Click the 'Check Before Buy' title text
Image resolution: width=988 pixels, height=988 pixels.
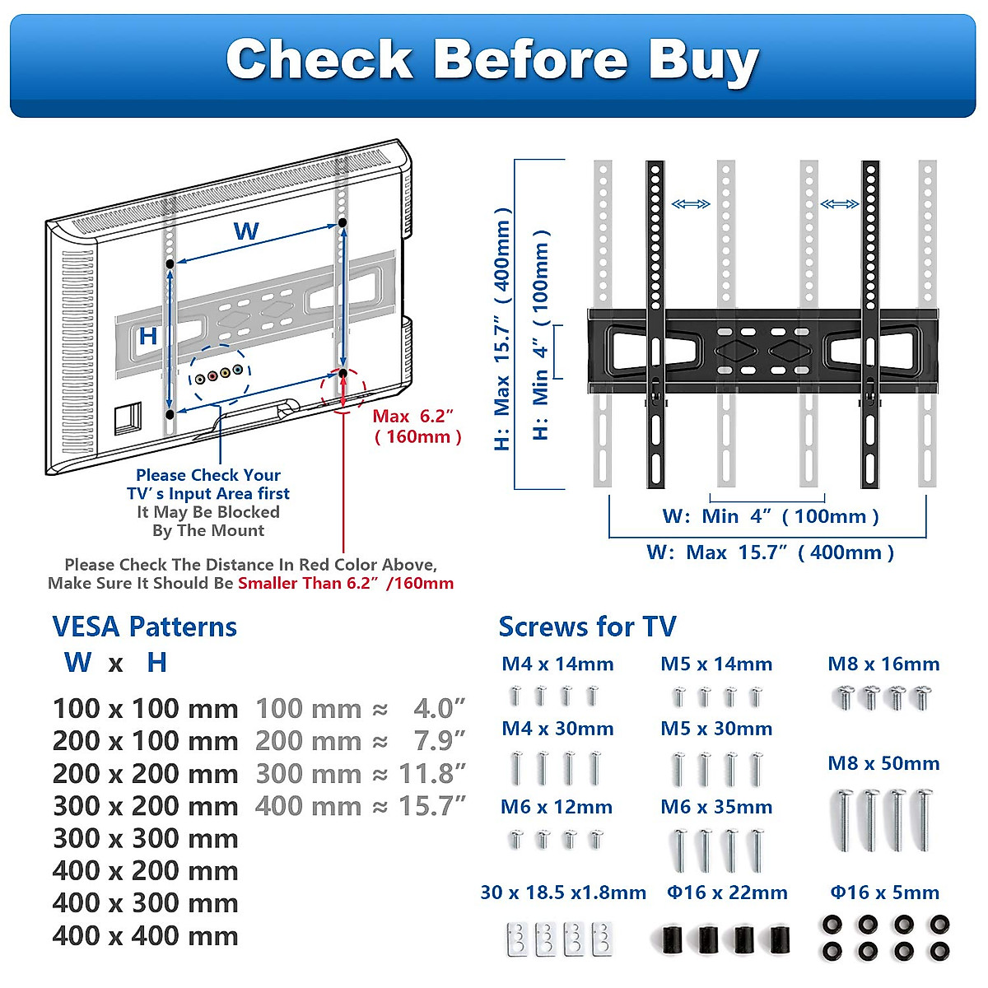pyautogui.click(x=492, y=60)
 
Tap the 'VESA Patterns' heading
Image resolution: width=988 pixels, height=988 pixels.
pyautogui.click(x=145, y=627)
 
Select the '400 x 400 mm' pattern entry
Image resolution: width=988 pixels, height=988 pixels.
pyautogui.click(x=145, y=936)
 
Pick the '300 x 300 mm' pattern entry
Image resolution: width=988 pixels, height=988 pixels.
pyautogui.click(x=145, y=839)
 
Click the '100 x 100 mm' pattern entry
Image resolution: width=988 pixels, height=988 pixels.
pyautogui.click(x=145, y=709)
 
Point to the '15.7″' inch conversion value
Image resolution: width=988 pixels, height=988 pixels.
pyautogui.click(x=432, y=806)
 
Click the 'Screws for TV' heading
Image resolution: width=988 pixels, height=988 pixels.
pyautogui.click(x=587, y=627)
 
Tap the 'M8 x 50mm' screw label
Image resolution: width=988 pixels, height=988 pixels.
pyautogui.click(x=883, y=763)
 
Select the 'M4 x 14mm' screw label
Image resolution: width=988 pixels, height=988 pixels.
pyautogui.click(x=557, y=664)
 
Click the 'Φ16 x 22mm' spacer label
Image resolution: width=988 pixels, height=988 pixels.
pyautogui.click(x=727, y=892)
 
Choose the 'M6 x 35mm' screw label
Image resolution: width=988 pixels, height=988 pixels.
pyautogui.click(x=716, y=807)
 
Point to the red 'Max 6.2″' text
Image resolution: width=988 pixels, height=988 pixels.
pyautogui.click(x=412, y=417)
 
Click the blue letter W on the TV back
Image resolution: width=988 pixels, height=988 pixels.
pyautogui.click(x=246, y=231)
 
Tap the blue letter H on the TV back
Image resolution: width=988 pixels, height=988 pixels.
pyautogui.click(x=148, y=336)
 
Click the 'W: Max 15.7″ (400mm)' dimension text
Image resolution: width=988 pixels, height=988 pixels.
pyautogui.click(x=770, y=552)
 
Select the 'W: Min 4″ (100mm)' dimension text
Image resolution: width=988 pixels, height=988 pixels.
pyautogui.click(x=771, y=517)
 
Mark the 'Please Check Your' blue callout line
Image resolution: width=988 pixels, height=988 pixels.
pyautogui.click(x=208, y=475)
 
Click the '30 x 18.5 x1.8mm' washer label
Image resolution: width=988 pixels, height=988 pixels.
pyautogui.click(x=563, y=892)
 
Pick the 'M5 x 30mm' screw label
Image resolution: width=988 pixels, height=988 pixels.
pyautogui.click(x=716, y=729)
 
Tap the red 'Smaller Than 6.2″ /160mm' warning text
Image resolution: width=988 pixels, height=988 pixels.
pyautogui.click(x=346, y=584)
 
